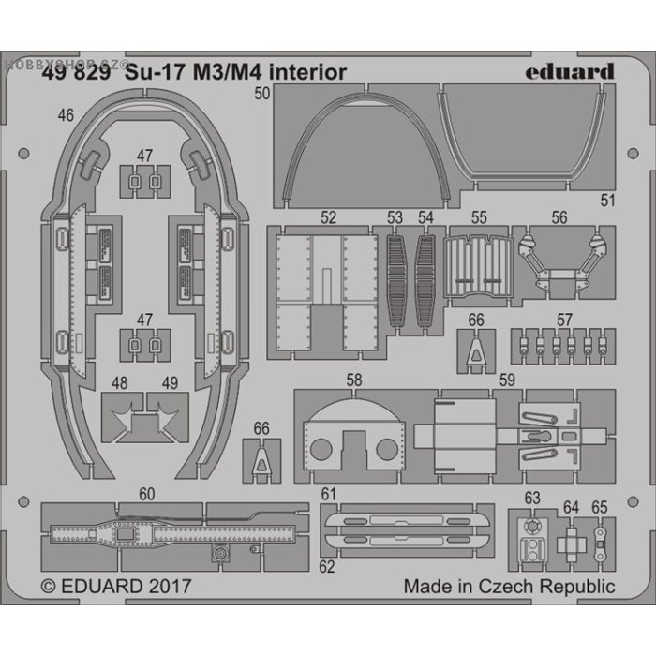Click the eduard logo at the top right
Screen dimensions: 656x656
click(570, 71)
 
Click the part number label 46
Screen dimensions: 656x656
click(66, 116)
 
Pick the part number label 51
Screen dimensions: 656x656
click(607, 200)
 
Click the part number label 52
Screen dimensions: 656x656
click(328, 217)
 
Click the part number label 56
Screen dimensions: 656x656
click(559, 217)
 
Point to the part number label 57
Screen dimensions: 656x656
click(564, 321)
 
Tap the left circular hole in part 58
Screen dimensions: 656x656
click(321, 449)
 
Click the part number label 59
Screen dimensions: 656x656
click(506, 381)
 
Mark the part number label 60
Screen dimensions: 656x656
click(147, 494)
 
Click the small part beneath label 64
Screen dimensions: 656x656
click(570, 543)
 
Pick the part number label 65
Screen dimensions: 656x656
click(599, 507)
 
